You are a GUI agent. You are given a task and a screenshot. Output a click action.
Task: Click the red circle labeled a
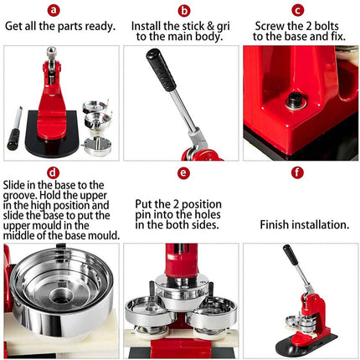(54, 11)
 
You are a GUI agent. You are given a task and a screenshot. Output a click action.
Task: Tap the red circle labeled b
(183, 11)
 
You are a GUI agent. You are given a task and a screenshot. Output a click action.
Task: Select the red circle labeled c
(296, 11)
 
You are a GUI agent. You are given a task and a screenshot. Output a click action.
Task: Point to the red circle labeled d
(54, 172)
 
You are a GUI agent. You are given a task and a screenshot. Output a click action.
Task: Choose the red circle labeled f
(296, 172)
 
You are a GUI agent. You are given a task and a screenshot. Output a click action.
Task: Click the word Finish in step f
(276, 224)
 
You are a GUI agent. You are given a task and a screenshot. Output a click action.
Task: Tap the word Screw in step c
(271, 26)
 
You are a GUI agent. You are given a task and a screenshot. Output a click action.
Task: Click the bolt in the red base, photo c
(295, 103)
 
